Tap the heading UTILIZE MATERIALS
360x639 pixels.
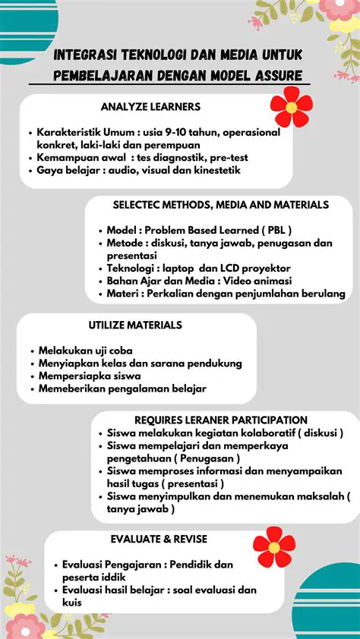135,325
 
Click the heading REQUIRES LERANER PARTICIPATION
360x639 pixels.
221,420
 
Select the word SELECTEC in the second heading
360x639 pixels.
135,205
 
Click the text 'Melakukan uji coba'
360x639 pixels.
86,351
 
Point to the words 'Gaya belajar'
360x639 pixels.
65,170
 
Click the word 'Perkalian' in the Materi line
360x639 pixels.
172,294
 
